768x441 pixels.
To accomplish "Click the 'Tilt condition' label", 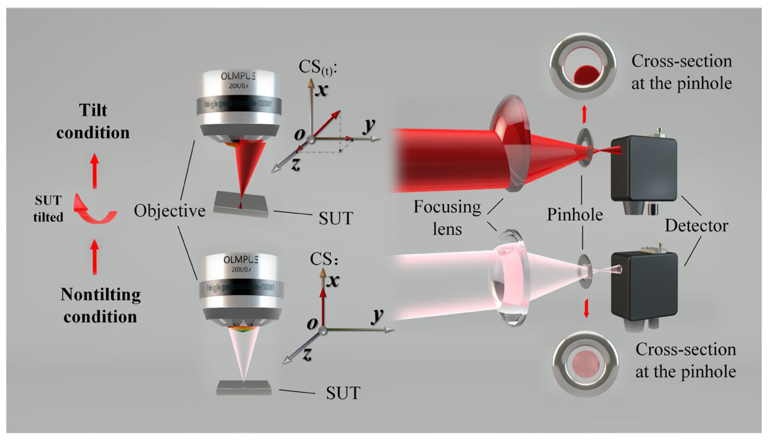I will [x=93, y=121].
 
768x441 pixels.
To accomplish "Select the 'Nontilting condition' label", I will [x=100, y=305].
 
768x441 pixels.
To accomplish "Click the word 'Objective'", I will [x=169, y=211].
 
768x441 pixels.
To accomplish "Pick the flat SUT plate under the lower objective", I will [x=244, y=388].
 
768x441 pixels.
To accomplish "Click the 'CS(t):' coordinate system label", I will [x=318, y=67].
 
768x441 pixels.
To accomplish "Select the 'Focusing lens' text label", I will [x=447, y=217].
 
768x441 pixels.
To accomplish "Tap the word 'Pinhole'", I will [x=575, y=215].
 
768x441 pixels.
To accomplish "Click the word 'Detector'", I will [x=696, y=226].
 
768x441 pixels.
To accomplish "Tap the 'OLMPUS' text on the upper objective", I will [x=238, y=76].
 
